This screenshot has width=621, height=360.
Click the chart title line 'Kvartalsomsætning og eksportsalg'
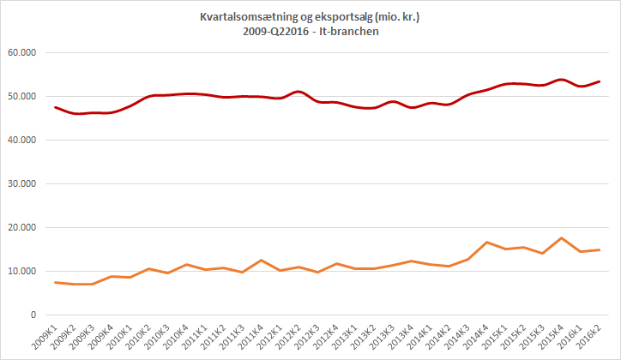tap(310, 16)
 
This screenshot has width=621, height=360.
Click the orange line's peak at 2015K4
tap(560, 238)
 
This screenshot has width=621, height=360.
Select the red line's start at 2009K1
tap(55, 107)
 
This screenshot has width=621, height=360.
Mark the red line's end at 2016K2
tap(599, 81)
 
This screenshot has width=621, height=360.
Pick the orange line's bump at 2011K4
tap(261, 261)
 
